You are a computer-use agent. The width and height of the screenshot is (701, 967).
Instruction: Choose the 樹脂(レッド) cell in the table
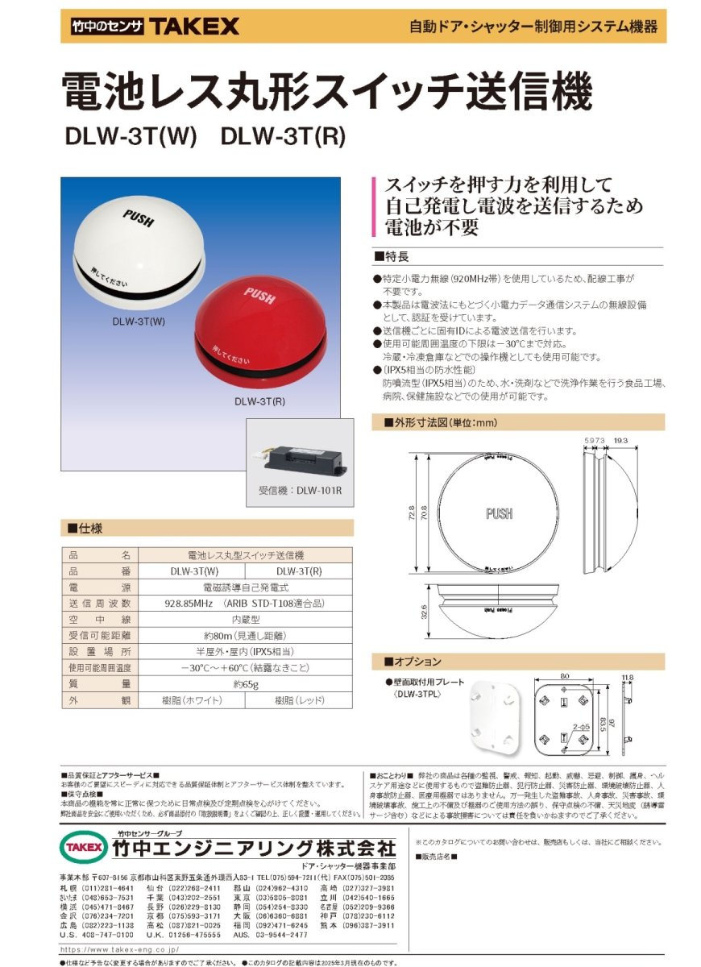click(298, 700)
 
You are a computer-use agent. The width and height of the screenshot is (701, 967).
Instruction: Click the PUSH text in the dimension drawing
click(500, 513)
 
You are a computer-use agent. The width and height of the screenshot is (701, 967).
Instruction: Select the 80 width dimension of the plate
click(564, 677)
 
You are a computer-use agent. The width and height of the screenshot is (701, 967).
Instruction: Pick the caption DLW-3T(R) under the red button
click(259, 400)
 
